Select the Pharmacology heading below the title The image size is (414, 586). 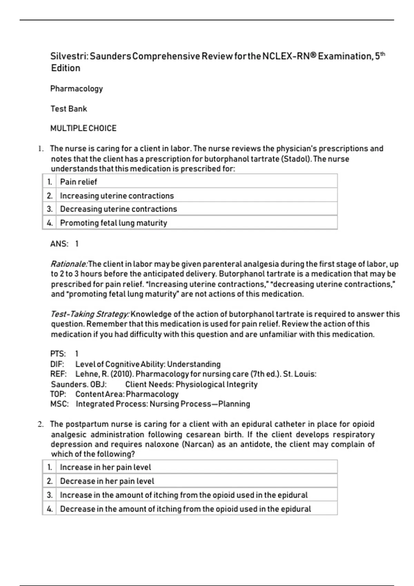[x=77, y=89]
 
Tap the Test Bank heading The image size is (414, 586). [x=69, y=109]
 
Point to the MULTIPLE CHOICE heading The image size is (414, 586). [x=83, y=128]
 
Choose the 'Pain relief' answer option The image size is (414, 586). [x=78, y=182]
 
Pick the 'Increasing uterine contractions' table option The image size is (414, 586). [x=117, y=195]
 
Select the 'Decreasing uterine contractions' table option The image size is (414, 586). [x=118, y=209]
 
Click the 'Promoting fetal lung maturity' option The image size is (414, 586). [x=114, y=223]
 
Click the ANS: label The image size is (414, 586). [x=59, y=244]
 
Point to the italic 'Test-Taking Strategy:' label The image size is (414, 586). [x=90, y=314]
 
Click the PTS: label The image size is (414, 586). [x=58, y=354]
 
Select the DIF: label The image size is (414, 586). [x=57, y=364]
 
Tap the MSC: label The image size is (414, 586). [x=59, y=404]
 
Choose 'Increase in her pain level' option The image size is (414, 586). [x=105, y=467]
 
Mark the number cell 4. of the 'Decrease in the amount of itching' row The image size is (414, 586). [x=50, y=509]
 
